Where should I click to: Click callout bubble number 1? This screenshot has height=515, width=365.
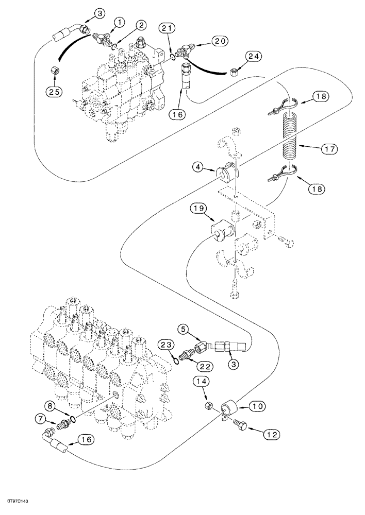pyautogui.click(x=119, y=22)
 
